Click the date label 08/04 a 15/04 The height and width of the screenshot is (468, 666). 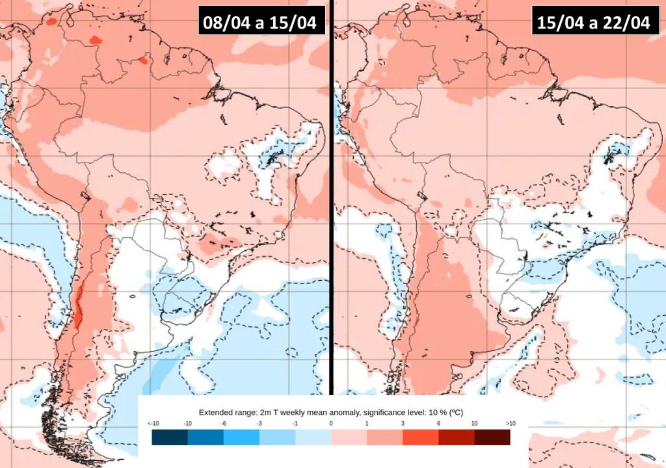pos(259,23)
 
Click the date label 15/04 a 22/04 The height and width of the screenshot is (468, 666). pos(593,23)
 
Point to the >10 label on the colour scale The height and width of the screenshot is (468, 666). pos(511,423)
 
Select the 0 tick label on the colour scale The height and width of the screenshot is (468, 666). pos(331,423)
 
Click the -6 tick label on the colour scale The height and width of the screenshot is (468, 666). pos(224,423)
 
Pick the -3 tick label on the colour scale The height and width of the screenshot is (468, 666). pos(260,423)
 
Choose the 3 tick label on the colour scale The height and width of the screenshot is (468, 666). pos(403,423)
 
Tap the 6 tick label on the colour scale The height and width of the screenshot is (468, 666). pos(439,423)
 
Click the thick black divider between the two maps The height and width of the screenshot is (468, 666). pos(331,195)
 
